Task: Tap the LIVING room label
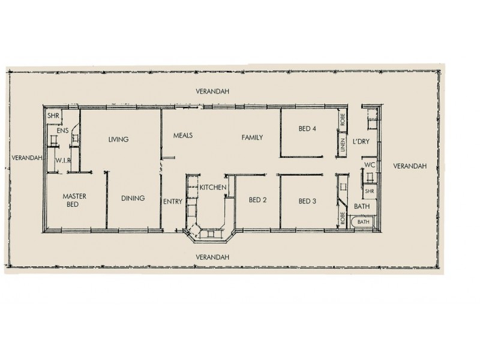[118, 140]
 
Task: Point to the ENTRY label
[172, 202]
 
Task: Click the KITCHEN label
[212, 188]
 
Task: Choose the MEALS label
[183, 136]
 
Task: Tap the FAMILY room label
[253, 137]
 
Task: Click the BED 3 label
[307, 201]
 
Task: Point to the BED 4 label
[307, 128]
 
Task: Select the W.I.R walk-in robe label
[64, 161]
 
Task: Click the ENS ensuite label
[62, 130]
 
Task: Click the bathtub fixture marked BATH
[364, 222]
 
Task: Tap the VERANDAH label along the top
[213, 91]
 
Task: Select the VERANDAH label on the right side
[410, 166]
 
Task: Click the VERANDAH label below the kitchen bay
[213, 256]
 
